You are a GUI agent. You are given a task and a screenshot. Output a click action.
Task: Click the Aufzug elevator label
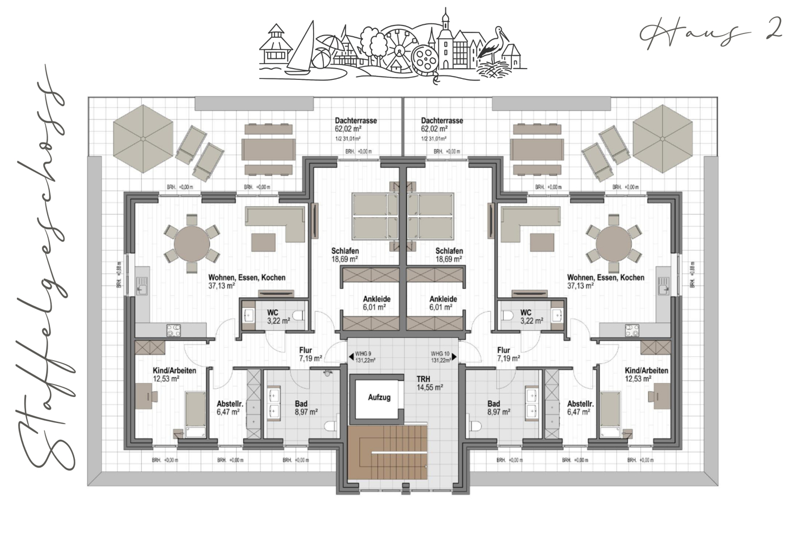(x=379, y=398)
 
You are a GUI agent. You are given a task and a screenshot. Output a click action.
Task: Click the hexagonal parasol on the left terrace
(x=142, y=139)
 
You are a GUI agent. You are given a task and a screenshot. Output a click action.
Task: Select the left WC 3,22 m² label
(x=278, y=316)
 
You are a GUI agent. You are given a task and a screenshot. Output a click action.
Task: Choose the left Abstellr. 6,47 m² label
(x=230, y=408)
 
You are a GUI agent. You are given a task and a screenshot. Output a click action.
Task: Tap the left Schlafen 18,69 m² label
(x=345, y=255)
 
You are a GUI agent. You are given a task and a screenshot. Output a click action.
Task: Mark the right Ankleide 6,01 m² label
(x=443, y=303)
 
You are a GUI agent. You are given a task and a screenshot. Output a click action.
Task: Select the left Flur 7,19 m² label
(x=310, y=354)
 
